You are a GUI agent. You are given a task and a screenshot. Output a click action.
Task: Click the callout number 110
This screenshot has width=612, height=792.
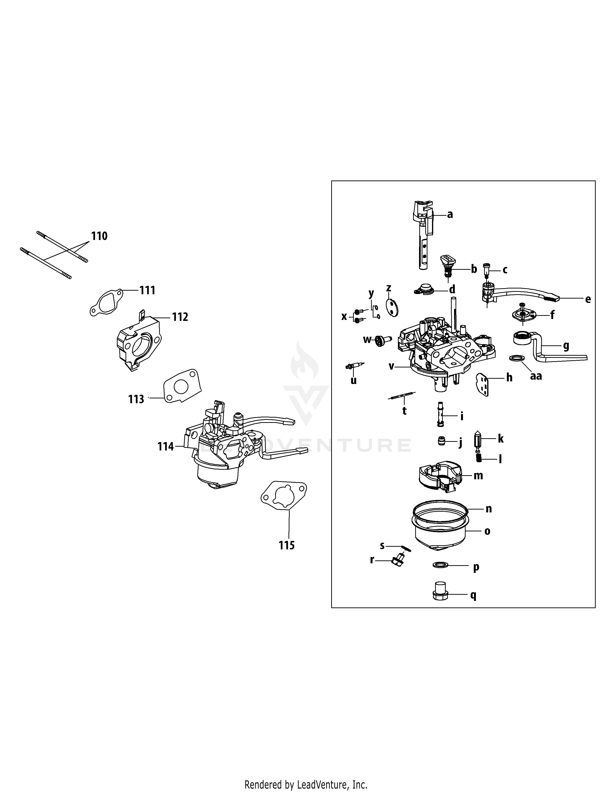point(99,236)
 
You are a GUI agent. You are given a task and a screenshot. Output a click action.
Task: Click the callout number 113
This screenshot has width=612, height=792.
point(136,399)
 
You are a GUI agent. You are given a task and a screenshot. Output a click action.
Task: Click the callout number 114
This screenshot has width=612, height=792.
point(165,446)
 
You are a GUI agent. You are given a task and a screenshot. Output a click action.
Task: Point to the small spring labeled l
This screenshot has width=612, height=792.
point(479,458)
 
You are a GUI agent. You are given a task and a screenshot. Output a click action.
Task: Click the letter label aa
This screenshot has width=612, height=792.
point(536,376)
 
